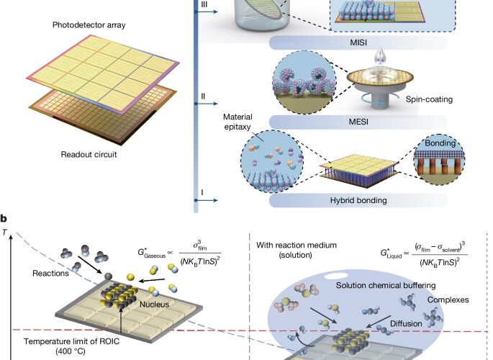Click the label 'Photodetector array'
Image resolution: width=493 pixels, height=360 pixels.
[89, 24]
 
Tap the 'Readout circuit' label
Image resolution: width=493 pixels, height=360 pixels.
[89, 154]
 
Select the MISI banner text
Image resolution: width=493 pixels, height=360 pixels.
[358, 42]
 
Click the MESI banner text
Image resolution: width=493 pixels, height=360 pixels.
[358, 122]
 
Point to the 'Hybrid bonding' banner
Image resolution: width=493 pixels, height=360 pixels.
[358, 200]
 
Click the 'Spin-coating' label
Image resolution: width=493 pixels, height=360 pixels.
[429, 99]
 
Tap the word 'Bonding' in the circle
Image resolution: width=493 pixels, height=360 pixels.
[440, 143]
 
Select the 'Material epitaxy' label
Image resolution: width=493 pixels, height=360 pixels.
[238, 122]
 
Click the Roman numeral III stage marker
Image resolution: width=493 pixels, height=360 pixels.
[204, 4]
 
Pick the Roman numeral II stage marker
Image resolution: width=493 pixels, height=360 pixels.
[203, 96]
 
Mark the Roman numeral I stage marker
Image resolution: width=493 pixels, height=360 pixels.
[202, 192]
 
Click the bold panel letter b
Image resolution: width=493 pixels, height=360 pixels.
[4, 218]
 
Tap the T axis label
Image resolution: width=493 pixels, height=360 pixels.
[4, 232]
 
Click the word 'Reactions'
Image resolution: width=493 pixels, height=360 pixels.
[50, 273]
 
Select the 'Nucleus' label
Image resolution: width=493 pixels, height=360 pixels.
[154, 305]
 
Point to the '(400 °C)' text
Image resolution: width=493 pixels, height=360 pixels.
[71, 351]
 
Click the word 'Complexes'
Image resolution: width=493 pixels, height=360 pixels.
[448, 300]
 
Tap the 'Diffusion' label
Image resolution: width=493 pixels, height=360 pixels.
[406, 323]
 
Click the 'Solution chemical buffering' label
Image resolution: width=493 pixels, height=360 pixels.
[386, 286]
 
